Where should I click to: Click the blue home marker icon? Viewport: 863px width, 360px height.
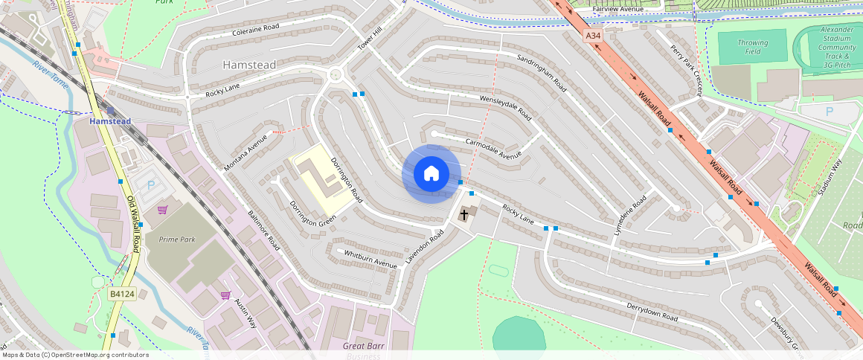point(431,174)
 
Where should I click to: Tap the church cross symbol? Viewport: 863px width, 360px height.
point(464,215)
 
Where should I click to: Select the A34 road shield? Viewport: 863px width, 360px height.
point(592,35)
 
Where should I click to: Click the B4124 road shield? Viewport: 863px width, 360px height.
point(121,295)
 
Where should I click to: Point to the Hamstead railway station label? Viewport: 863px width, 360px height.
point(110,121)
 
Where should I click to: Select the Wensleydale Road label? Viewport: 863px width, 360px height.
point(505,108)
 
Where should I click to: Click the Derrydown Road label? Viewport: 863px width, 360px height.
point(651,312)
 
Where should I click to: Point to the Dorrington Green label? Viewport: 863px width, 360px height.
point(312,213)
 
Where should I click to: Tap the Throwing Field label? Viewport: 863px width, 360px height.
point(752,48)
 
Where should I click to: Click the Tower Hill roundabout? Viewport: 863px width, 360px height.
point(335,74)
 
